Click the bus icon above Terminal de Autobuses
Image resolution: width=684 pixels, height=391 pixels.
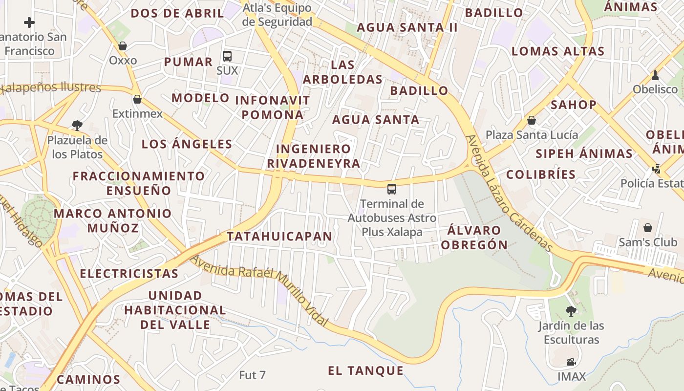(x=391, y=189)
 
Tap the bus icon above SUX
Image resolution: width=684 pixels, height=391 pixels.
(x=227, y=56)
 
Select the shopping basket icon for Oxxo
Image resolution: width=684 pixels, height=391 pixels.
(x=123, y=46)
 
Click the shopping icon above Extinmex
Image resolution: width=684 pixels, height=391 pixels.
(x=137, y=99)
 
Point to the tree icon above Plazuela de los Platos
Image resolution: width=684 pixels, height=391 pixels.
(x=77, y=125)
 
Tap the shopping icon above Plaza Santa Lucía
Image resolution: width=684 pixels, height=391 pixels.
(x=532, y=120)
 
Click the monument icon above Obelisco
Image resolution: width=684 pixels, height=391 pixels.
(x=655, y=75)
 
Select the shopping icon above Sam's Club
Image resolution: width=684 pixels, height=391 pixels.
(x=648, y=228)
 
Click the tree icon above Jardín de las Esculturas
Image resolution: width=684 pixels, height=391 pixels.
(x=571, y=311)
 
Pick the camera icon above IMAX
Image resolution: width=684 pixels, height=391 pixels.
(x=571, y=362)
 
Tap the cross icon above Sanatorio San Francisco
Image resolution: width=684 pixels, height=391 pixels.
(x=29, y=22)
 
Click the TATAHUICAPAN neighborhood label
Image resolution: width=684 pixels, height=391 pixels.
(x=279, y=237)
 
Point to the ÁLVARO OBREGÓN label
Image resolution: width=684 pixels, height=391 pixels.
(x=474, y=238)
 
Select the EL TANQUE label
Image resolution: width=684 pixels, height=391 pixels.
(x=366, y=371)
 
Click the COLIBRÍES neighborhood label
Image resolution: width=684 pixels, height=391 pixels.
(x=541, y=175)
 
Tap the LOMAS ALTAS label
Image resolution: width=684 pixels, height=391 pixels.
(x=558, y=51)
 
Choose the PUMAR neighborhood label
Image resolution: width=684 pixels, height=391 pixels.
(x=188, y=62)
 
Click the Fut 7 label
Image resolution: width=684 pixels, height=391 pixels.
(x=252, y=375)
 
